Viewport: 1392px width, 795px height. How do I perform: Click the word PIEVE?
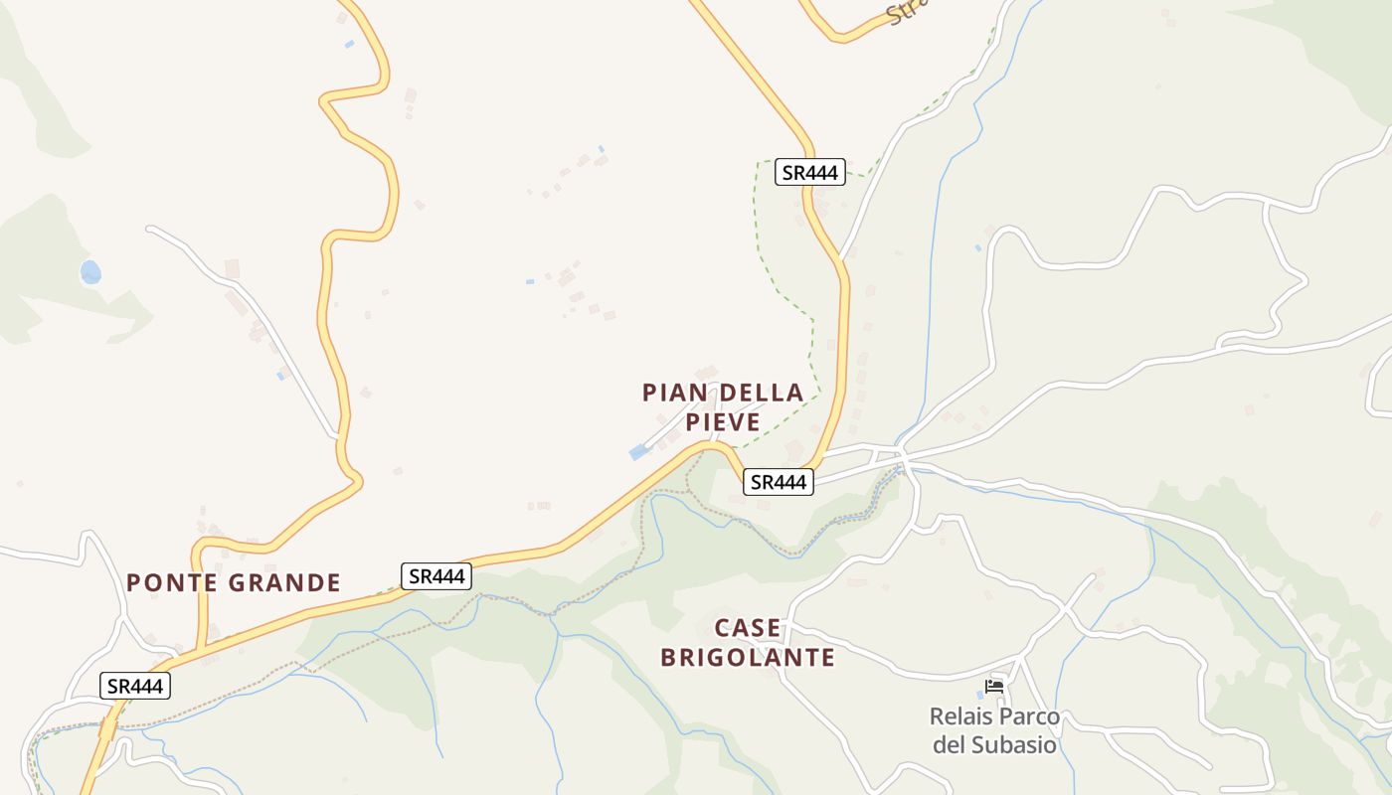coord(723,422)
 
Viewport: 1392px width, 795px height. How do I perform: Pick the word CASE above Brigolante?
coord(748,628)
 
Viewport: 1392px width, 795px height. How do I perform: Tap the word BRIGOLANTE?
coord(748,657)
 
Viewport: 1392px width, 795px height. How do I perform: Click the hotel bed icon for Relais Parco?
coord(993,686)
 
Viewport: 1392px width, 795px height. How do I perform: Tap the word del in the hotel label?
coord(950,744)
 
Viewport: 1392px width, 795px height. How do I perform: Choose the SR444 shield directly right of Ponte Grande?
coord(436,575)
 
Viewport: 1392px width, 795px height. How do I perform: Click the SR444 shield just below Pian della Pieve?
coord(779,482)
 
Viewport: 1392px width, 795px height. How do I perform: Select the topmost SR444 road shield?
coord(809,172)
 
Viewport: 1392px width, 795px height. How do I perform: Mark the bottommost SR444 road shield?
coord(135,685)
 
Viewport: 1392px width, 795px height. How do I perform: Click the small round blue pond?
coord(90,271)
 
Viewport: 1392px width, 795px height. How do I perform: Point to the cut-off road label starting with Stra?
coord(907,11)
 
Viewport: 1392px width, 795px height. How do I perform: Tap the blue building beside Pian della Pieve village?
coord(638,453)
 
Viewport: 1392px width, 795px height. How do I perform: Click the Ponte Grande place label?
coord(234,582)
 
